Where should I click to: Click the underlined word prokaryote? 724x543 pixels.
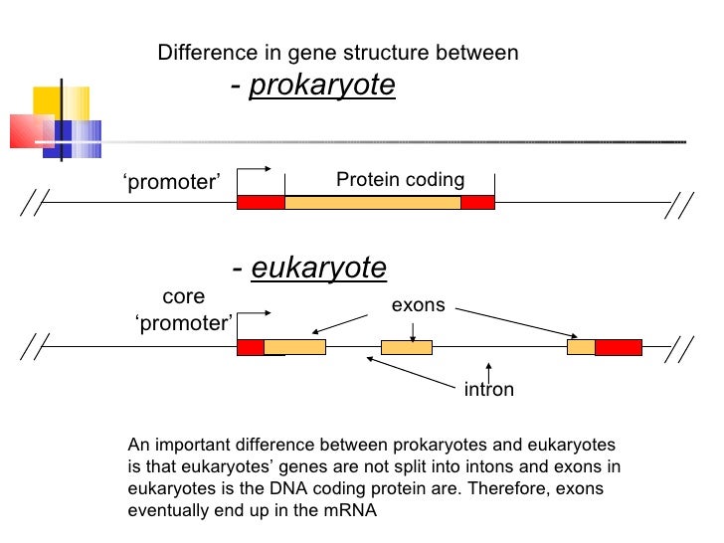click(321, 87)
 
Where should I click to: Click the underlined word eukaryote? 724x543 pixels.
click(318, 268)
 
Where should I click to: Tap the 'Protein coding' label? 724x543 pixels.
click(400, 180)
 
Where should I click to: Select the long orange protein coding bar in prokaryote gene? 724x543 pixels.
click(373, 203)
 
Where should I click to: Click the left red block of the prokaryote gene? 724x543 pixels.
click(261, 203)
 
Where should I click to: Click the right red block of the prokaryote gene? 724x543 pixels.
click(477, 203)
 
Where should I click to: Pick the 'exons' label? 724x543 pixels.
click(418, 305)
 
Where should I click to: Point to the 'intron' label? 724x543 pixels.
click(489, 389)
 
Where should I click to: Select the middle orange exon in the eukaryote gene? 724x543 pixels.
click(407, 347)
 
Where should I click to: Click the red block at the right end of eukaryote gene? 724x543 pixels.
click(618, 347)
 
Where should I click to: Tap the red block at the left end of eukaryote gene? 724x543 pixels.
click(250, 347)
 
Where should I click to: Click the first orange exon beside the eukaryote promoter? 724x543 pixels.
click(294, 347)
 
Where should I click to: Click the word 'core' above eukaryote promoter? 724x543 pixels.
click(183, 296)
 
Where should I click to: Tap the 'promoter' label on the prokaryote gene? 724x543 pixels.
click(171, 182)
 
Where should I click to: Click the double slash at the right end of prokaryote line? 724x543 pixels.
click(680, 204)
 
